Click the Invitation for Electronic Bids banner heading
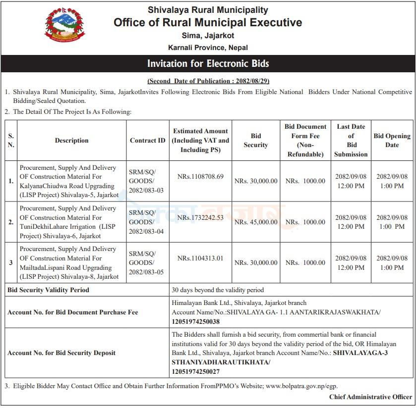click(208, 64)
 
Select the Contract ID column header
click(147, 141)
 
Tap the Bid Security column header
click(256, 141)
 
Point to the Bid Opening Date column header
click(392, 141)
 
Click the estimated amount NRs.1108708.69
click(200, 176)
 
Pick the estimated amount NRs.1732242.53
click(200, 217)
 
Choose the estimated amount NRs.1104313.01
click(200, 258)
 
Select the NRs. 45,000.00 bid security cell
click(256, 222)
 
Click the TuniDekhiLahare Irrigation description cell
click(68, 222)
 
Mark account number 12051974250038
click(196, 322)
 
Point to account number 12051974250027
click(196, 371)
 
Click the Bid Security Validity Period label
click(49, 290)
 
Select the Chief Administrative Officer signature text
click(370, 397)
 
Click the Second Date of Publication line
click(208, 81)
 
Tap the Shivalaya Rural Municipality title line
click(208, 10)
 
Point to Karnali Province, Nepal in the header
click(208, 48)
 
